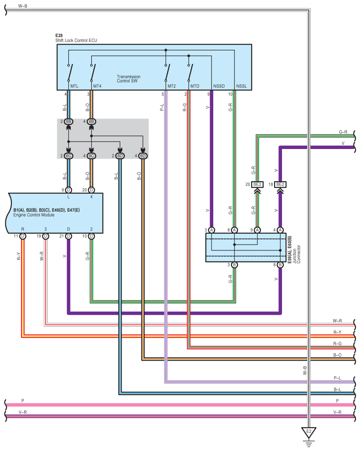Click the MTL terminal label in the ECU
point(74,86)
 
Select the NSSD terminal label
point(219,86)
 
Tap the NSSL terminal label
point(241,86)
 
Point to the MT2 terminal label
point(172,86)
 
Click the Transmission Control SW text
point(129,79)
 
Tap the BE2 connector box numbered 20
point(257,184)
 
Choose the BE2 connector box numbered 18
point(280,184)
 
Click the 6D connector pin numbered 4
point(143,156)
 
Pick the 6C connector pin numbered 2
point(68,156)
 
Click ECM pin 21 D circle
point(68,236)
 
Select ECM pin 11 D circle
point(23,236)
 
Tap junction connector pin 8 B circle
point(280,265)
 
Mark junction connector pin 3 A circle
point(212,230)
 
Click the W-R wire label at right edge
point(337,321)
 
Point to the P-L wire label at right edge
point(337,378)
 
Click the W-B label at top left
point(23,6)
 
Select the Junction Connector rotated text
point(297,254)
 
